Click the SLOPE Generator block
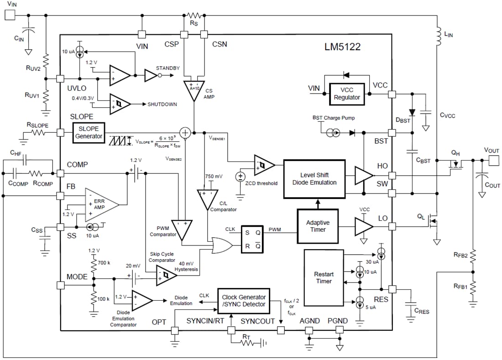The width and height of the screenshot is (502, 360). pos(89,132)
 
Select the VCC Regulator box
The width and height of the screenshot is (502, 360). pos(347,94)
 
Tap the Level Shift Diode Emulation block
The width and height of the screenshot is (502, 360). pos(314,178)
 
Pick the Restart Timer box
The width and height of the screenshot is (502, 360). pos(324,277)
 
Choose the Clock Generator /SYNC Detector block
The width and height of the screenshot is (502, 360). pos(243,301)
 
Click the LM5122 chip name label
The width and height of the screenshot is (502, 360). pos(342,47)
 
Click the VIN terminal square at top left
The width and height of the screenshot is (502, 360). pos(9,15)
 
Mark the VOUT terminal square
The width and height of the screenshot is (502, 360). pos(494,160)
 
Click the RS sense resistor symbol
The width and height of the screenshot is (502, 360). pos(194,16)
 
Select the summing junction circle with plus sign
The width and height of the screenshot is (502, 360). pos(185,133)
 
